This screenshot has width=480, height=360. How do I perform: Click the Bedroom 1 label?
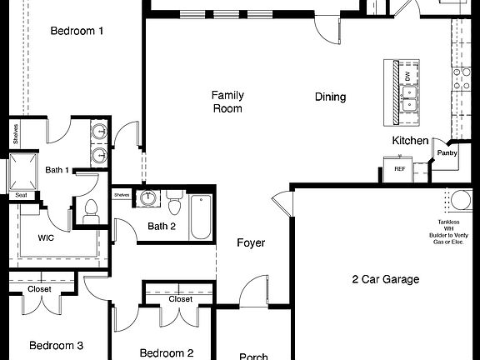click(x=77, y=31)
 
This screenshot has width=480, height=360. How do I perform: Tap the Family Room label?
click(x=227, y=102)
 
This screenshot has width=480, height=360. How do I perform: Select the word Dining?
click(x=330, y=97)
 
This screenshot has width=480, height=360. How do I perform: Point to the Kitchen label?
click(x=410, y=141)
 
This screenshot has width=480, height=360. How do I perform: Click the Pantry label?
click(x=447, y=153)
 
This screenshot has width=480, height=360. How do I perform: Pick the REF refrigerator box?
click(x=399, y=168)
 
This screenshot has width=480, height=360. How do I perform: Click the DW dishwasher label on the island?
click(x=407, y=76)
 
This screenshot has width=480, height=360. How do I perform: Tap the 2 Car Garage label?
click(x=385, y=279)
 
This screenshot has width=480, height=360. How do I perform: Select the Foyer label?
click(x=251, y=243)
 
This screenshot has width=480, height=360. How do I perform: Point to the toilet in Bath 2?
click(x=174, y=205)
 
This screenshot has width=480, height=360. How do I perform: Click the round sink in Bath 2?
click(x=148, y=198)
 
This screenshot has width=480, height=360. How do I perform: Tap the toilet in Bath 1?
click(x=91, y=211)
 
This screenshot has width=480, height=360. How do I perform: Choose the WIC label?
click(x=46, y=237)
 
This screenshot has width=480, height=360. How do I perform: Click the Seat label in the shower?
click(x=21, y=195)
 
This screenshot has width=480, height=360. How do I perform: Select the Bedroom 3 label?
click(x=57, y=345)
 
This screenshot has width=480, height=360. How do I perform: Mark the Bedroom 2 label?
click(x=167, y=352)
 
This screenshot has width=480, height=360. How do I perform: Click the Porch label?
click(x=253, y=357)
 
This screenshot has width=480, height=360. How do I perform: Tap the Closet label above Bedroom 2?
click(x=181, y=298)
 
